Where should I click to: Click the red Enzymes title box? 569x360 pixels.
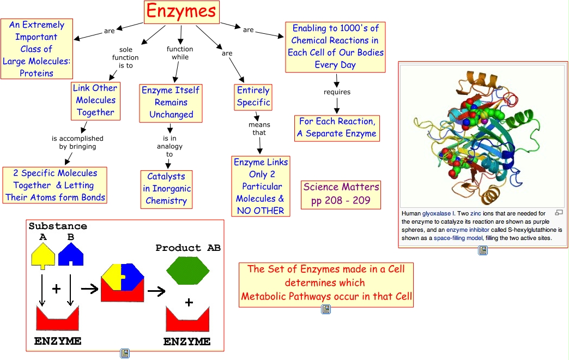(x=181, y=12)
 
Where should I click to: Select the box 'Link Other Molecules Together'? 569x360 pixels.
(x=95, y=100)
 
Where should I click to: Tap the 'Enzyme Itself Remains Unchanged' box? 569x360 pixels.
(x=171, y=103)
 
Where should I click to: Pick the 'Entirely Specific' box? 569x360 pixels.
(x=253, y=97)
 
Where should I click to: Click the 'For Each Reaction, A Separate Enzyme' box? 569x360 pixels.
(x=337, y=128)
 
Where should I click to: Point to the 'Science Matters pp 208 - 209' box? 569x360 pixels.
(x=341, y=194)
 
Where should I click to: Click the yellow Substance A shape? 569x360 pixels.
(x=43, y=256)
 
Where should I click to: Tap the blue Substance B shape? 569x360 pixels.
(x=70, y=256)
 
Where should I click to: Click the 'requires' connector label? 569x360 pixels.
(x=337, y=92)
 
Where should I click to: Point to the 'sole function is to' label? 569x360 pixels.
(x=125, y=57)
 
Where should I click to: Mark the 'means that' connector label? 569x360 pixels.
(x=259, y=129)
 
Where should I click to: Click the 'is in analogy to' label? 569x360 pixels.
(x=169, y=146)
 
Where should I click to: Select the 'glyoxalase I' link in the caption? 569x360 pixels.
(x=434, y=213)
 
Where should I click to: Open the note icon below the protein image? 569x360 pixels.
(x=482, y=250)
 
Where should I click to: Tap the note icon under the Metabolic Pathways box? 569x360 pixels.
(x=325, y=309)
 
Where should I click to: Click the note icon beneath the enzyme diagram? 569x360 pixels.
(x=125, y=353)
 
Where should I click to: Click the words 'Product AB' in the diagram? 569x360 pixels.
(x=188, y=248)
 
